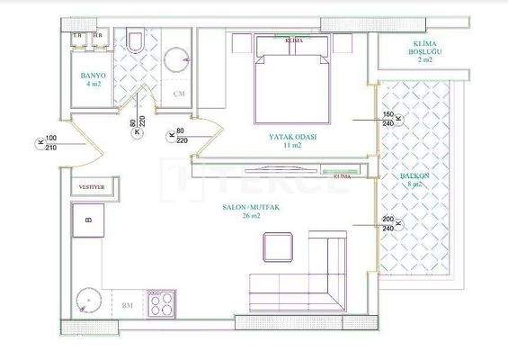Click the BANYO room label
tap(93, 76)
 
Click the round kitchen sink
tap(89, 300)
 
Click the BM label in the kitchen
tap(127, 306)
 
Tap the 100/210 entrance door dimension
tap(50, 143)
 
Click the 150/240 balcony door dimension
tap(388, 119)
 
